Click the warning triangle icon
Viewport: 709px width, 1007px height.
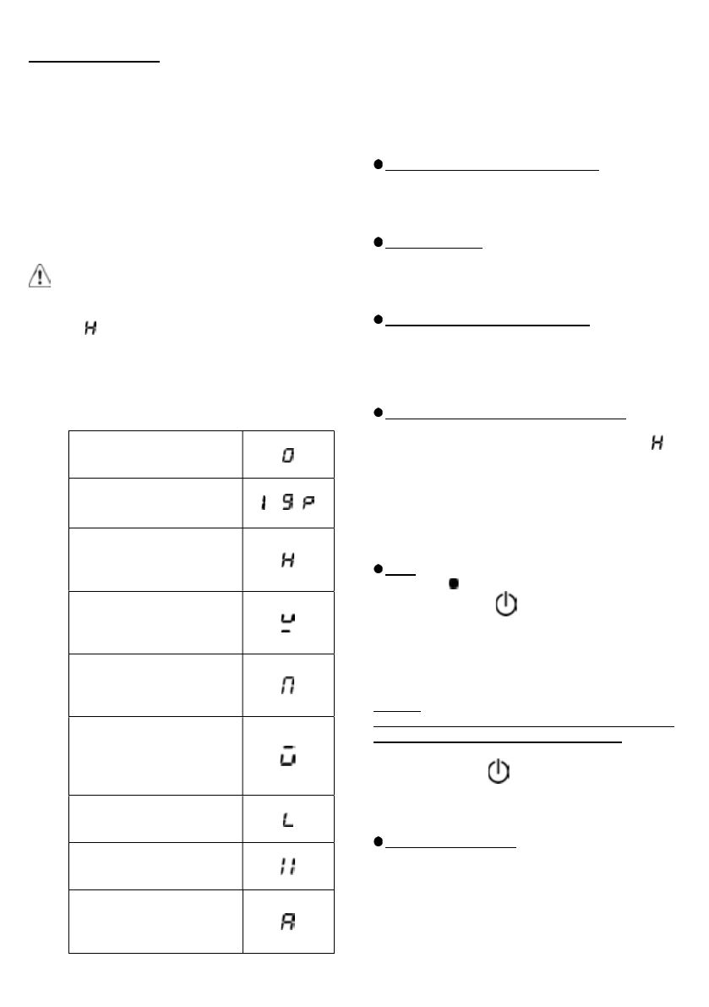click(39, 279)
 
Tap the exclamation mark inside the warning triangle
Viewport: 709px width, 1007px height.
click(39, 281)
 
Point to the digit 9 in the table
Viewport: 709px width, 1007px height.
click(287, 504)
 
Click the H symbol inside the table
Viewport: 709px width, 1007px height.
click(288, 560)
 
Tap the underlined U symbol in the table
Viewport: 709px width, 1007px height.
click(288, 622)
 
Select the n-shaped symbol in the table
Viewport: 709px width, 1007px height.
click(288, 684)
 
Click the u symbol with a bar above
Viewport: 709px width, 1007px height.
click(288, 754)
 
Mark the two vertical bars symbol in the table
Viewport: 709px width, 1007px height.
click(288, 863)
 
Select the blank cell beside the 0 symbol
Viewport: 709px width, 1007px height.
click(155, 456)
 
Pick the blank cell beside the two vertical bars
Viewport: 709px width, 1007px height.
click(155, 863)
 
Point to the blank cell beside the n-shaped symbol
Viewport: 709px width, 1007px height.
click(155, 684)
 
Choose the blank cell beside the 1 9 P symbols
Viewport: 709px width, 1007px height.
click(155, 504)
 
